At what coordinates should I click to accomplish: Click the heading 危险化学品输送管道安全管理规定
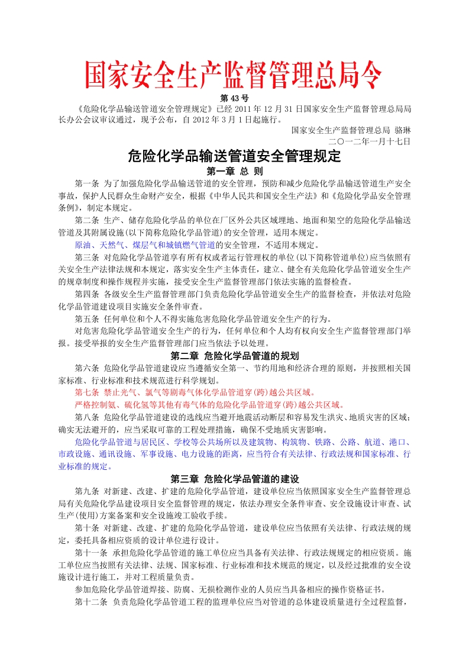(234, 157)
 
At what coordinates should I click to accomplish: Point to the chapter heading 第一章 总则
(234, 171)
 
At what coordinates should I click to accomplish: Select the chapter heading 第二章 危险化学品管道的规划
(234, 356)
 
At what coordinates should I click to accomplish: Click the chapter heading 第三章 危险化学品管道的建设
(234, 478)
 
